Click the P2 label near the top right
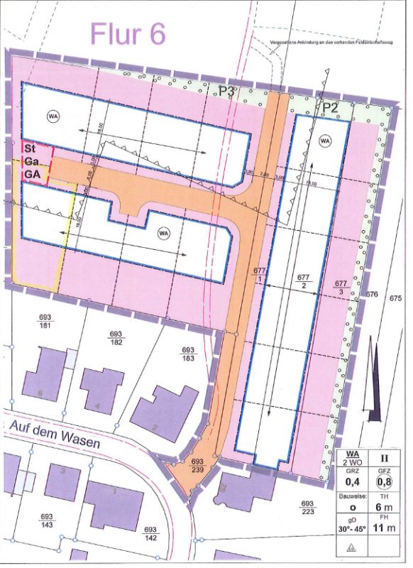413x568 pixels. tap(331, 108)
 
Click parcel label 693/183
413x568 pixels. tap(188, 354)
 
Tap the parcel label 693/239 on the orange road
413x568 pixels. tap(199, 465)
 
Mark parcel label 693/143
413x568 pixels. tap(48, 520)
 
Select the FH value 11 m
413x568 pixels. tap(385, 530)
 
